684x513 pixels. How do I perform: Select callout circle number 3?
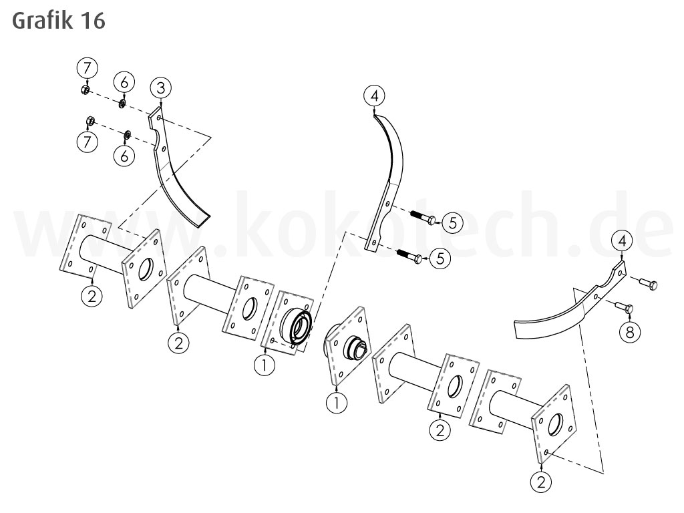[x=160, y=88]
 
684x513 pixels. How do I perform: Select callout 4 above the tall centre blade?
[x=374, y=96]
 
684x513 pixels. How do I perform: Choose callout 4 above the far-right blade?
[x=622, y=240]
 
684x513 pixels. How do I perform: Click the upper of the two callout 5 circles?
[x=452, y=222]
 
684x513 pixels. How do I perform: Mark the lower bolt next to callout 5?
[x=407, y=255]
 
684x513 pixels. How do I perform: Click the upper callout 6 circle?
[x=124, y=81]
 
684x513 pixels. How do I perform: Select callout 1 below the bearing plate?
[x=265, y=365]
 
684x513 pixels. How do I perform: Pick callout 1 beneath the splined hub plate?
[x=336, y=401]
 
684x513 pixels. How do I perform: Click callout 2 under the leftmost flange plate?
[x=92, y=295]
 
